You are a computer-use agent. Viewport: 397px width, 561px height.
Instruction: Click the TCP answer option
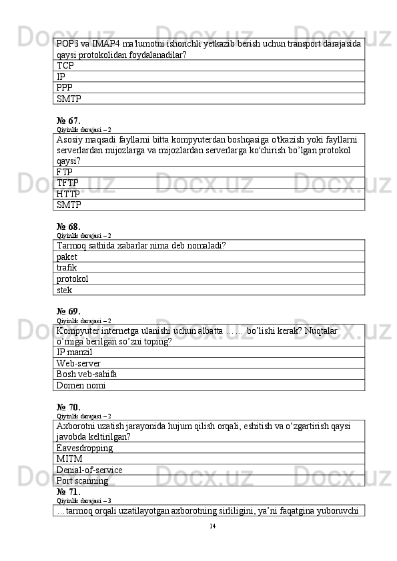pos(65,66)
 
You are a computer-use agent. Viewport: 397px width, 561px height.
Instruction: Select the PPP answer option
pos(65,87)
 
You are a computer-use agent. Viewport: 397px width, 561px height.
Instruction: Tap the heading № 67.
pos(69,121)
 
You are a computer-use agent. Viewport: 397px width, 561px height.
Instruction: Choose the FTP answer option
pos(65,172)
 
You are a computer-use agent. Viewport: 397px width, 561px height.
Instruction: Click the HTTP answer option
pos(69,194)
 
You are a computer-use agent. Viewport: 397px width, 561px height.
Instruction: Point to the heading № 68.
pos(69,227)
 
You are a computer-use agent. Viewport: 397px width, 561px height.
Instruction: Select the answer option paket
pos(67,257)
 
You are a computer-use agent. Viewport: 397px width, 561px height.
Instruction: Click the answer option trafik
pos(67,268)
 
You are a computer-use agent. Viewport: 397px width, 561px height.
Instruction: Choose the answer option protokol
pos(73,279)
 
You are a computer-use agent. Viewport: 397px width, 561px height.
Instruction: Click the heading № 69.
pos(69,311)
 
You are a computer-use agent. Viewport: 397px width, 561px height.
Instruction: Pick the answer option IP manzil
pos(75,352)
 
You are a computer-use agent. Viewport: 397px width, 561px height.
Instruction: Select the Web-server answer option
pos(79,363)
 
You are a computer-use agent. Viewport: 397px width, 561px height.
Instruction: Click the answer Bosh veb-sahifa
pos(87,374)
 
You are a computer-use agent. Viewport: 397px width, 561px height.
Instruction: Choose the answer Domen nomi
pos(81,385)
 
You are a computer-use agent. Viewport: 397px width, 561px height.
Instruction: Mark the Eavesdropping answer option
pos(85,448)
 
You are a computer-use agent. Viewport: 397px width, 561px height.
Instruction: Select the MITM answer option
pos(69,459)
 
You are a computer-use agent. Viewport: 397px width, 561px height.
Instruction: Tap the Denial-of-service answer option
pos(89,470)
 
